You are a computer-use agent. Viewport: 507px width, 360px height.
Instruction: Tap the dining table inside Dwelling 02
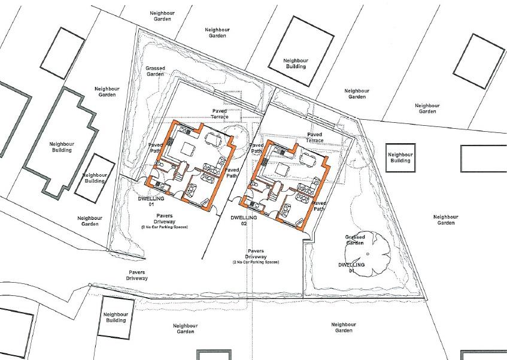[x=308, y=159]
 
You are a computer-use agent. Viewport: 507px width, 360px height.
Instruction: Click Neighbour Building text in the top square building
[x=295, y=63]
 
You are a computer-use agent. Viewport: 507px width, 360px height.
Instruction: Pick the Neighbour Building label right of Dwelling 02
[x=400, y=157]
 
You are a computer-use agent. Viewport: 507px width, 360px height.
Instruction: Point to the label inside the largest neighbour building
[x=60, y=147]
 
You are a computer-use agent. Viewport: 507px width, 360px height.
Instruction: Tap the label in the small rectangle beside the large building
[x=94, y=178]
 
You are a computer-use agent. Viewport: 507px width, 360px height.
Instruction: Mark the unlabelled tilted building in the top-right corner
[x=479, y=61]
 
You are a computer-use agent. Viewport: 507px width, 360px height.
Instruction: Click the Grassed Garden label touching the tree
[x=354, y=240]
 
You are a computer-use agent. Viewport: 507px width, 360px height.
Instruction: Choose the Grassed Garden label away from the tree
[x=155, y=71]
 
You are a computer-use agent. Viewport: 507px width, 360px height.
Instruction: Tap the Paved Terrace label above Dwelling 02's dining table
[x=315, y=138]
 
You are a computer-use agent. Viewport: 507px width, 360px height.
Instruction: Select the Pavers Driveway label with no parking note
[x=136, y=276]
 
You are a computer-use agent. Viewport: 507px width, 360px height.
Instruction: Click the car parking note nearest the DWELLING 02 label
[x=256, y=263]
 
